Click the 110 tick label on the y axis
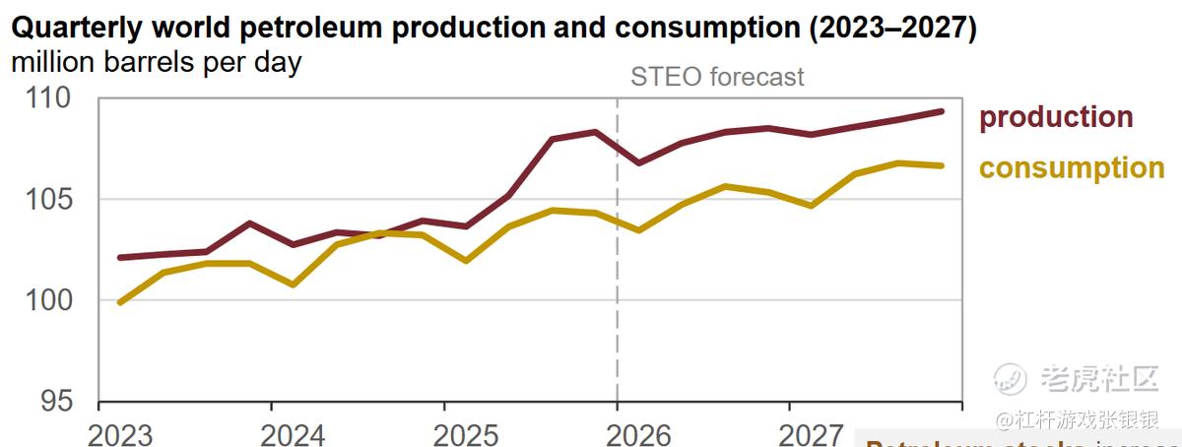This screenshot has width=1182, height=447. coord(48,98)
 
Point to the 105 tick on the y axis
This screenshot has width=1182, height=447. coord(48,200)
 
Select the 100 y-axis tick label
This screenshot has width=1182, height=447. coord(48,300)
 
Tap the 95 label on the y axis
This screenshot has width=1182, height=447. coord(57,402)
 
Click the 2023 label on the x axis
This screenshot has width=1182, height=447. coord(121,434)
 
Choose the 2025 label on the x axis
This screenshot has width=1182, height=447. coord(467,434)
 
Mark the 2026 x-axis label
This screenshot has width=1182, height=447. coord(639,434)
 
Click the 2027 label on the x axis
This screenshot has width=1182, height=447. coord(812,434)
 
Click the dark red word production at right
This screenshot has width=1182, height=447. coord(1055,117)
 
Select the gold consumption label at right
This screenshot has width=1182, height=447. coord(1071,168)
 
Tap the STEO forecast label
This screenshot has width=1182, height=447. coord(717,77)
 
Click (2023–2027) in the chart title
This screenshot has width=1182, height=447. coord(892,29)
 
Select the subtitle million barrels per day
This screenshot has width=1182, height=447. coord(157,62)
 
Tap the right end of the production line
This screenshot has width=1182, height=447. coord(942,111)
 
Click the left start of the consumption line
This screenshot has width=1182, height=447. coord(120,302)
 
